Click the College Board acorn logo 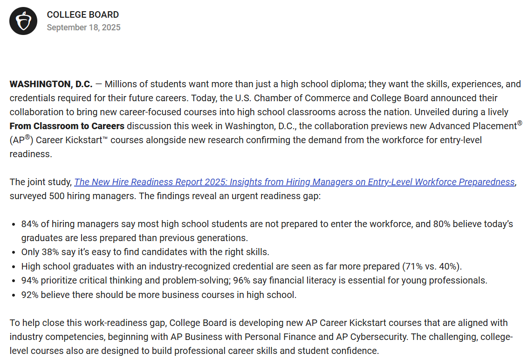click(23, 21)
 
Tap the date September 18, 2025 click(83, 28)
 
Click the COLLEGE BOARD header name click(82, 15)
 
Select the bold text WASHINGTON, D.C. click(51, 84)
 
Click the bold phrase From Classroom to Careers click(67, 126)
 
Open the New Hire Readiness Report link click(294, 182)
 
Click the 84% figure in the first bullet click(30, 224)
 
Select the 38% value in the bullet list click(51, 252)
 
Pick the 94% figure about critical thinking click(30, 281)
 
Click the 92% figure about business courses click(30, 295)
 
